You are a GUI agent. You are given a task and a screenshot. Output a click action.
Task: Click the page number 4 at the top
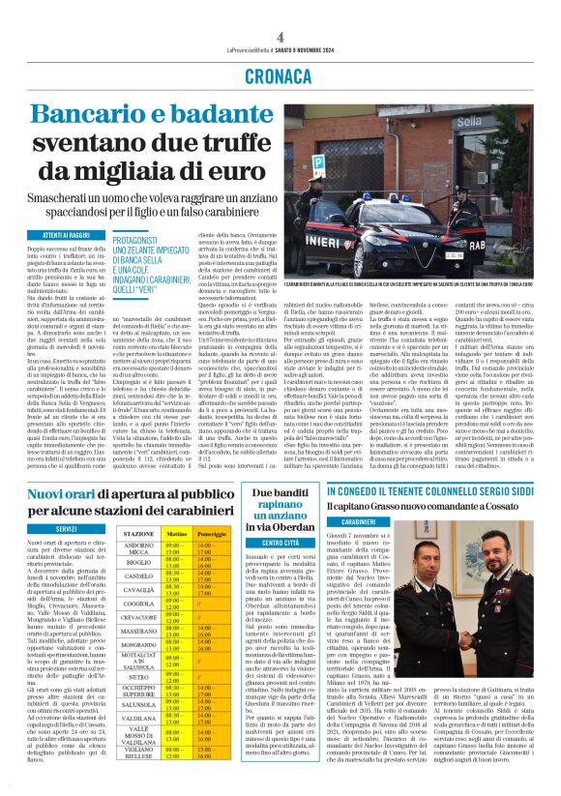[x=280, y=11]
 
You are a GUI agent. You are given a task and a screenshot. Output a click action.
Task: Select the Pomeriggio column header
[x=209, y=533]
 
